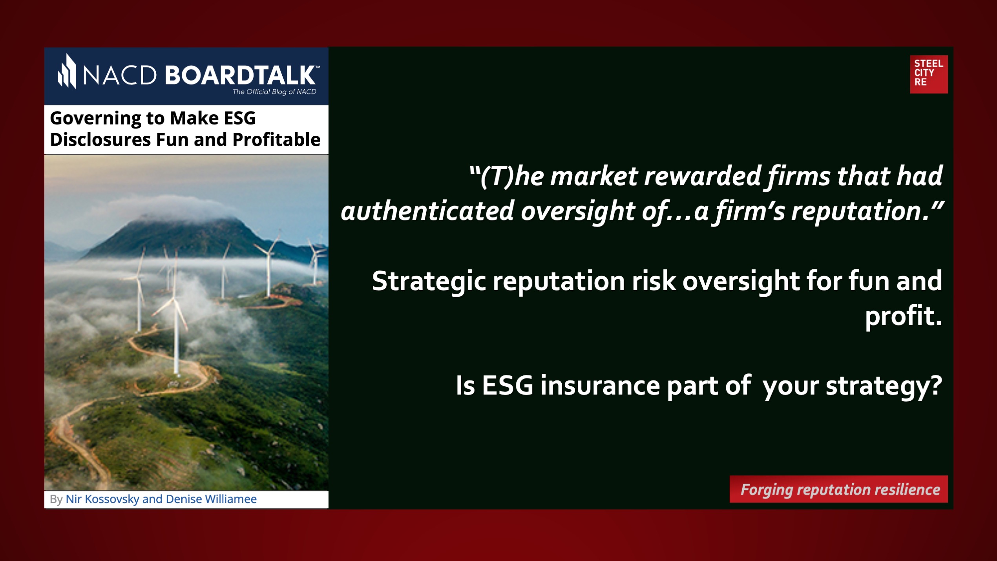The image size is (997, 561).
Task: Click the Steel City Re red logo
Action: point(929,74)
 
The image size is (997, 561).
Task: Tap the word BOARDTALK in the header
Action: point(240,75)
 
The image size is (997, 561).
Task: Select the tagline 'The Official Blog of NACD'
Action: point(274,92)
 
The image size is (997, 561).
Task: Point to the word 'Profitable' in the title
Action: point(276,139)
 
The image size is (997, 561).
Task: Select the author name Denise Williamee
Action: point(211,499)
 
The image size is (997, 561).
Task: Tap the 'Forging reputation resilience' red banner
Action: point(838,489)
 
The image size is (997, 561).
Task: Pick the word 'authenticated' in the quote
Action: point(427,211)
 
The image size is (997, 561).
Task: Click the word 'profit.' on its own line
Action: point(903,316)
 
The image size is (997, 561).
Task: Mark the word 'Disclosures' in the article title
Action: point(100,139)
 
